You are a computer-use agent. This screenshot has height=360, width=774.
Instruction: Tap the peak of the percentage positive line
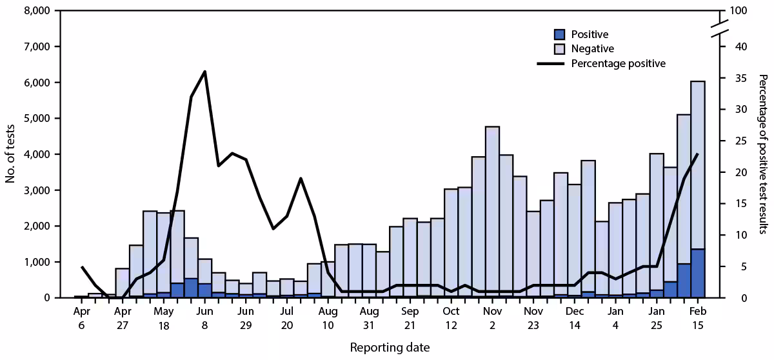pos(204,72)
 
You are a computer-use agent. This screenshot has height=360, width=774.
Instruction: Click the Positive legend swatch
pos(560,34)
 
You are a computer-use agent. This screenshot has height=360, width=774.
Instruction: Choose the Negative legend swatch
pos(560,48)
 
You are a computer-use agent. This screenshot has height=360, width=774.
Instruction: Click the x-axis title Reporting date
pos(390,347)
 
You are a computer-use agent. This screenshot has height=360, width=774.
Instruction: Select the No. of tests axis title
pos(11,154)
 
